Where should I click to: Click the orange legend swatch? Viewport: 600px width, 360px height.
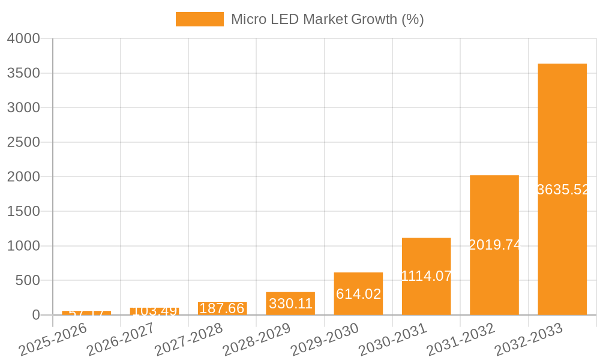[x=199, y=19]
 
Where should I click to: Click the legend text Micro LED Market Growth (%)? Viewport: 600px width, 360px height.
[x=327, y=19]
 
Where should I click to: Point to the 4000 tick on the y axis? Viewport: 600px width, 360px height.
[x=23, y=38]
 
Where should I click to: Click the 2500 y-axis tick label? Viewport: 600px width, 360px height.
[x=23, y=142]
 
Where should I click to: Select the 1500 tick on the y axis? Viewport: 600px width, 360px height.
[x=23, y=211]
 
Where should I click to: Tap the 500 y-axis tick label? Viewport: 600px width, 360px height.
[x=28, y=280]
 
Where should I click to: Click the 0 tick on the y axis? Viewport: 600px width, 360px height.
[x=35, y=315]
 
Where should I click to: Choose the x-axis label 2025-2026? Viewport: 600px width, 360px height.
[x=53, y=340]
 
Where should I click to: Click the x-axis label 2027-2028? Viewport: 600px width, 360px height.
[x=189, y=340]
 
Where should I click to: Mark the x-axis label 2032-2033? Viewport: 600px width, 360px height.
[x=529, y=340]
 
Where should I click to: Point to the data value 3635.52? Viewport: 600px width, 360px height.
[x=563, y=190]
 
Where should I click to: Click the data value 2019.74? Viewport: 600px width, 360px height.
[x=494, y=245]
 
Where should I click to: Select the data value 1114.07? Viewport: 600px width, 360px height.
[x=426, y=276]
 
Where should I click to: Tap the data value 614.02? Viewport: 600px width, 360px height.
[x=358, y=294]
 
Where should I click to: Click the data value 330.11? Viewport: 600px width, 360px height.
[x=290, y=304]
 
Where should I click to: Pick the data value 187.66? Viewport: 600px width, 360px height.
[x=222, y=308]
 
